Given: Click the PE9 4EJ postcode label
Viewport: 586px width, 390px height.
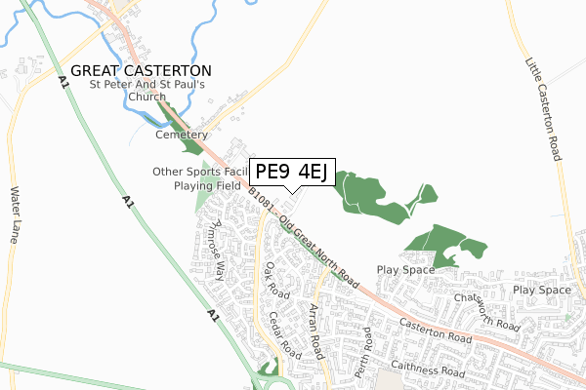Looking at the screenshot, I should pyautogui.click(x=293, y=173).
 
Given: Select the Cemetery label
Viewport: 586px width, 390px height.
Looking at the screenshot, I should pyautogui.click(x=183, y=135).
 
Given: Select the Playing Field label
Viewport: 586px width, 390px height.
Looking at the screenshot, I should pyautogui.click(x=207, y=185).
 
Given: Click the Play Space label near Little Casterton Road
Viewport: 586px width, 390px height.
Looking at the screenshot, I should pyautogui.click(x=541, y=291).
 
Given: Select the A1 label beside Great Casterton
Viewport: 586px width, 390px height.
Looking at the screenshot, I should pyautogui.click(x=63, y=85).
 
